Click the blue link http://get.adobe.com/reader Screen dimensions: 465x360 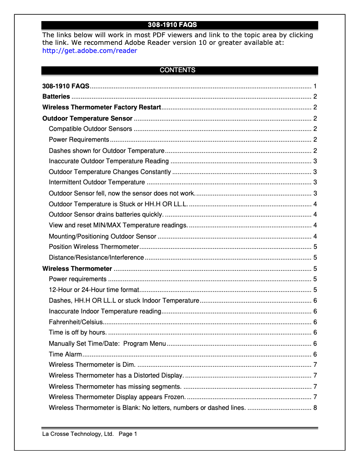(x=89, y=51)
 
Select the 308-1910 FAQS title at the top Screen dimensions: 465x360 (x=172, y=25)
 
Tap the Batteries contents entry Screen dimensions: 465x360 (x=56, y=96)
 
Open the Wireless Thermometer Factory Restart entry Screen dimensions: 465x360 (x=101, y=108)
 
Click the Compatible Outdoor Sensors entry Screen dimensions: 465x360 (x=90, y=129)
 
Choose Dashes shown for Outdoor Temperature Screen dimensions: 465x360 (x=107, y=151)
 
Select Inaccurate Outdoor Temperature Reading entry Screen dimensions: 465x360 (x=109, y=161)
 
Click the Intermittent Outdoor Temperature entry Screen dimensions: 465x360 (x=97, y=182)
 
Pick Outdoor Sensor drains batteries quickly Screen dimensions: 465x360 (x=106, y=214)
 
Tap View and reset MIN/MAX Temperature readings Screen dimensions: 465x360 (x=119, y=225)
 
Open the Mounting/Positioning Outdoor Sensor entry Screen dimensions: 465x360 (x=102, y=236)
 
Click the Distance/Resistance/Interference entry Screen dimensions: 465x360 (x=96, y=258)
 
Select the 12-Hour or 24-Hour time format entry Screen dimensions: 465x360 (x=94, y=290)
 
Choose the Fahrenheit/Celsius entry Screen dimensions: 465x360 (x=76, y=322)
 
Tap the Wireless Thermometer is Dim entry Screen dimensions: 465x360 (x=92, y=365)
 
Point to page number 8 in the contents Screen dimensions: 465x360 (x=316, y=408)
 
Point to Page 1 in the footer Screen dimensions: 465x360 (x=128, y=434)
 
